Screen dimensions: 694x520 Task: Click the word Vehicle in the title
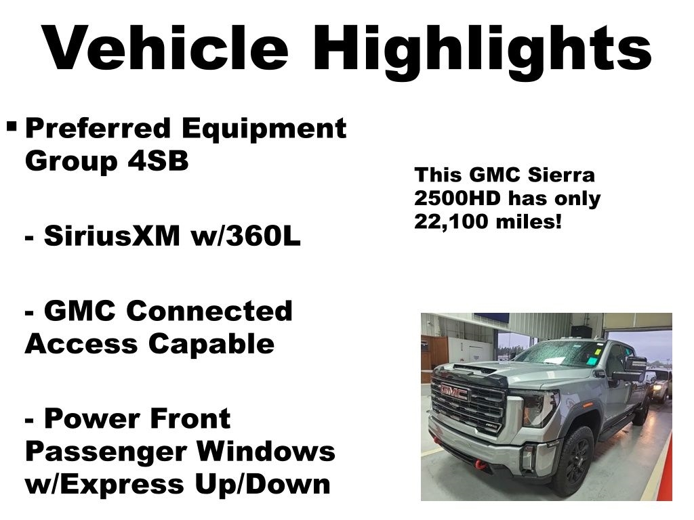click(x=165, y=48)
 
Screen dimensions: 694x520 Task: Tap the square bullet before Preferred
click(x=12, y=127)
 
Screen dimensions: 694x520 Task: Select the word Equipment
click(x=264, y=130)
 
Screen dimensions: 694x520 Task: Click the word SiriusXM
click(x=112, y=235)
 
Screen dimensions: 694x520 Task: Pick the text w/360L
click(x=245, y=235)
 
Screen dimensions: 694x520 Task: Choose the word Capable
click(x=211, y=345)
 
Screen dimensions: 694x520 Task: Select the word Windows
click(x=266, y=451)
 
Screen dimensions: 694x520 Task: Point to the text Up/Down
click(x=262, y=485)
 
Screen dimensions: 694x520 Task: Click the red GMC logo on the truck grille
click(x=454, y=392)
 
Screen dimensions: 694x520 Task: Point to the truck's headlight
click(x=539, y=408)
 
